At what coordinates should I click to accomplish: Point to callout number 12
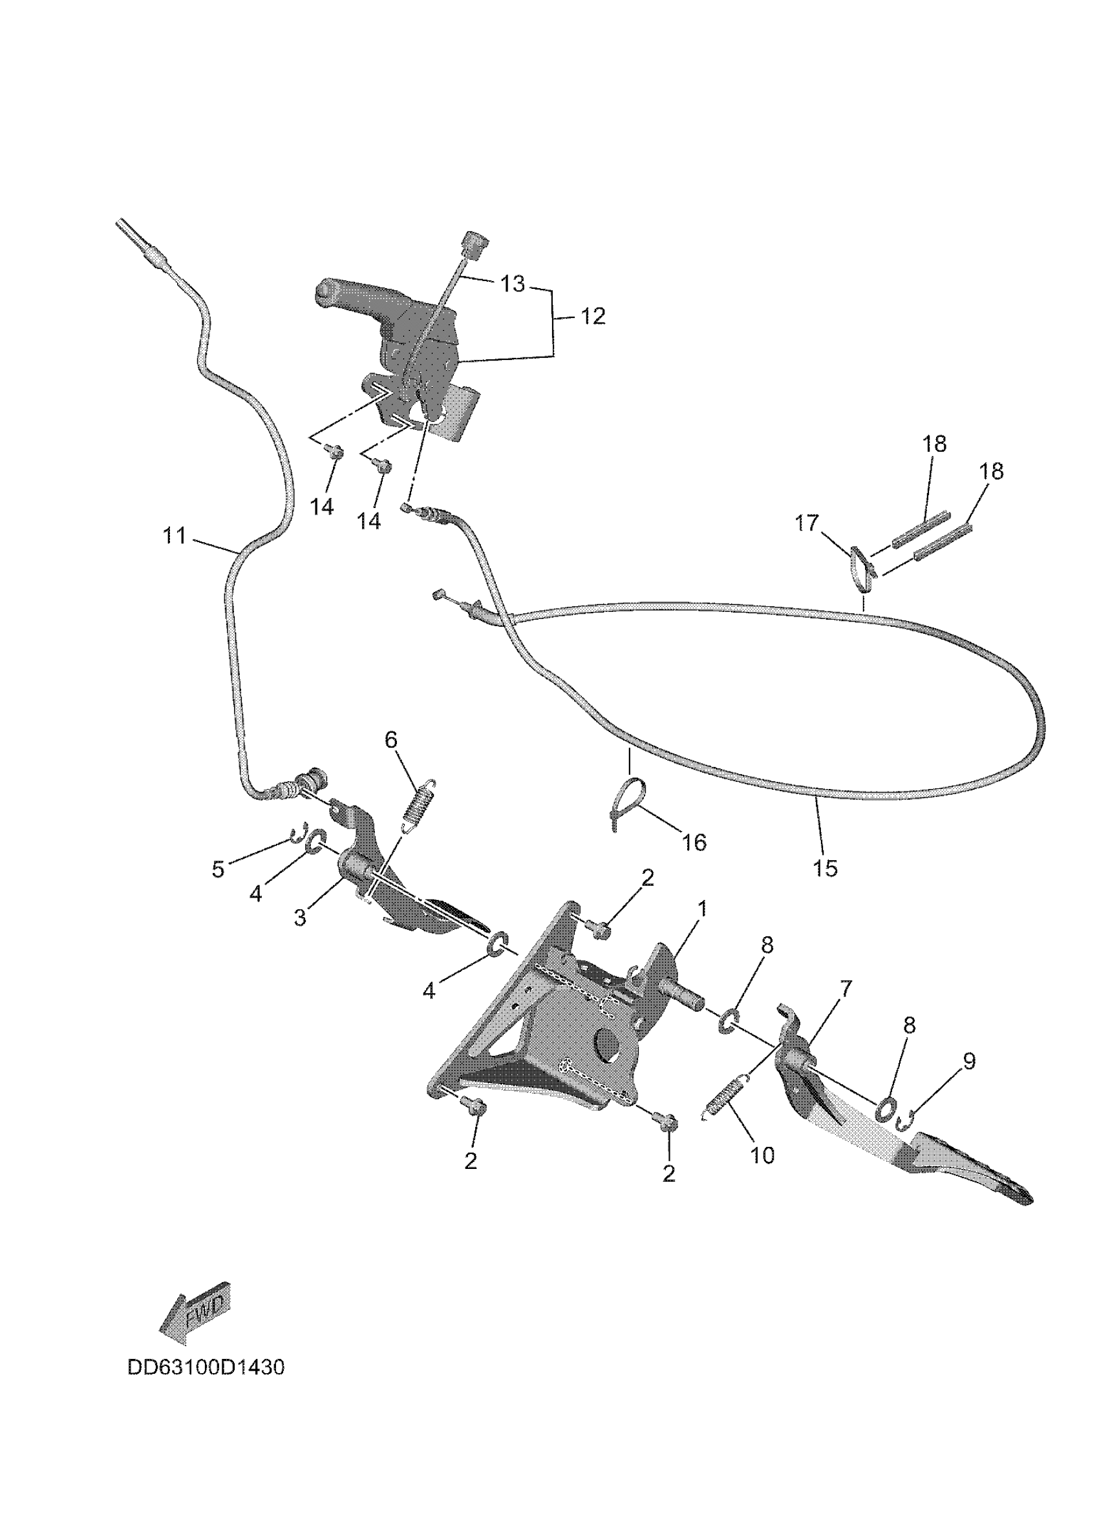click(592, 316)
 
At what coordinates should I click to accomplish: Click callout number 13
click(513, 284)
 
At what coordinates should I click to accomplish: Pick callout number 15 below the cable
click(826, 868)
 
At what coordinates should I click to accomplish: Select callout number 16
click(694, 843)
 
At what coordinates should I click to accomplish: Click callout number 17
click(807, 523)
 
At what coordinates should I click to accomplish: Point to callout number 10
click(762, 1155)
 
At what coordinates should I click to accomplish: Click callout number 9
click(969, 1061)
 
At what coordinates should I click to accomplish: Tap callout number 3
click(301, 918)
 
